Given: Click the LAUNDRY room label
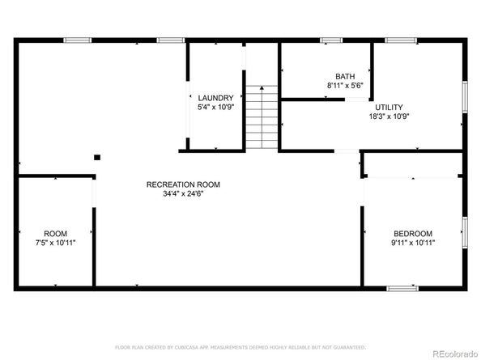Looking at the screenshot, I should click(x=215, y=97).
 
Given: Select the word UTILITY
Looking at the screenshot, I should click(x=388, y=107).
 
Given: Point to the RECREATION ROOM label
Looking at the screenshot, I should click(x=183, y=184).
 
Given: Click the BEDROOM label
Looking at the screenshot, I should click(x=413, y=233).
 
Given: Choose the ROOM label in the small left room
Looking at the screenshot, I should click(x=55, y=232).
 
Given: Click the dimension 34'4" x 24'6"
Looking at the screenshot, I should click(x=183, y=194).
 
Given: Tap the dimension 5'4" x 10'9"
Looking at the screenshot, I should click(x=215, y=106).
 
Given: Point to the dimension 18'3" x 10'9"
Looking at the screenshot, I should click(x=388, y=116).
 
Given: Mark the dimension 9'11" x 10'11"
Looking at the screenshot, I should click(x=413, y=242).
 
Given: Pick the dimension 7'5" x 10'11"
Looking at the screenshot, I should click(x=55, y=241).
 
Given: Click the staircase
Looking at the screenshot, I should click(x=262, y=118).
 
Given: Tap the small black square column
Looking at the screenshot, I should click(x=96, y=157).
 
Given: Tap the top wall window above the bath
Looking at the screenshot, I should click(x=331, y=40).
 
